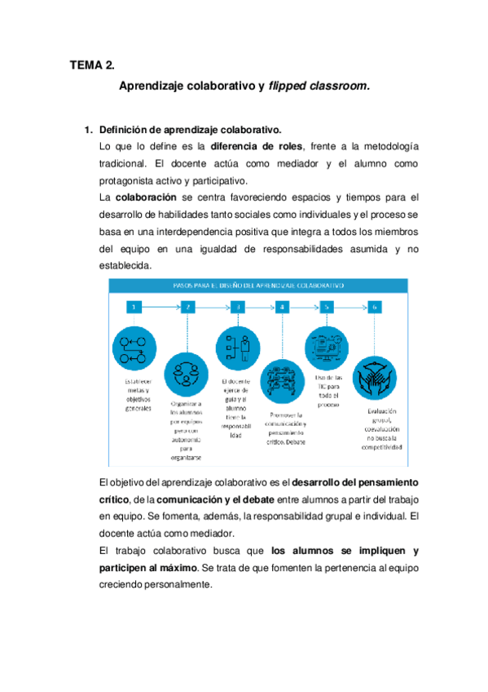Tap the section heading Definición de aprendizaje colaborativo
tap(190, 130)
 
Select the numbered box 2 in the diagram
tap(189, 308)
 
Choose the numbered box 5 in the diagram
tap(328, 308)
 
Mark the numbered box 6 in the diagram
tap(374, 308)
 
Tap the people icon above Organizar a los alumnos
tap(188, 375)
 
